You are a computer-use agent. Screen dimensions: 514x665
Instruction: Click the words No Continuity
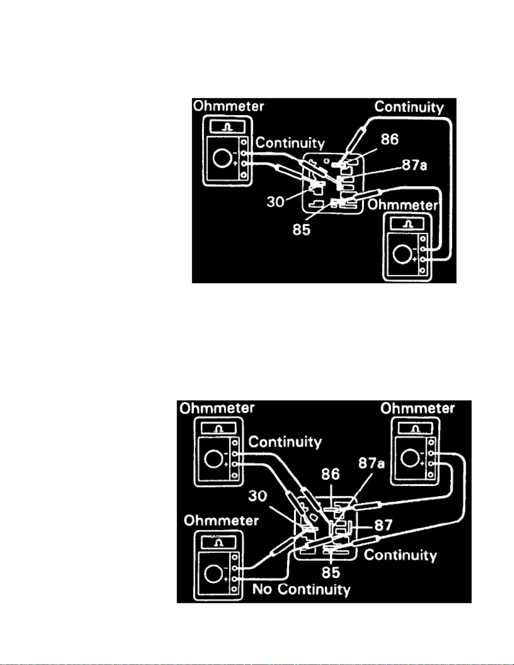pyautogui.click(x=301, y=589)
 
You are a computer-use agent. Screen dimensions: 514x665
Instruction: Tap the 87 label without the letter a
pyautogui.click(x=383, y=525)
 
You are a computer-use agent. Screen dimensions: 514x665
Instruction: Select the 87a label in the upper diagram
pyautogui.click(x=414, y=165)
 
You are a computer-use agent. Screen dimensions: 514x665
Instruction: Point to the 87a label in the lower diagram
pyautogui.click(x=371, y=463)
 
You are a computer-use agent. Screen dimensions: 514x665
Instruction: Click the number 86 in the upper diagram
pyautogui.click(x=389, y=139)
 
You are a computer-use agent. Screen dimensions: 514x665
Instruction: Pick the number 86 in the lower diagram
pyautogui.click(x=330, y=475)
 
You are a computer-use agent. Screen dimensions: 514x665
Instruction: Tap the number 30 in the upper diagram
pyautogui.click(x=276, y=202)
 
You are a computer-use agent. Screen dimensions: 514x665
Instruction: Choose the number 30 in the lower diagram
pyautogui.click(x=258, y=496)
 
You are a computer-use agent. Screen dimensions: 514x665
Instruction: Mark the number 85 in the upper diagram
pyautogui.click(x=302, y=229)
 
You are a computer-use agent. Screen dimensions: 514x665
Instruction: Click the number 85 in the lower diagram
pyautogui.click(x=331, y=572)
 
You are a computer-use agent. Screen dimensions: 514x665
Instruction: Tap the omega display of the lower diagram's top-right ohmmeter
pyautogui.click(x=415, y=429)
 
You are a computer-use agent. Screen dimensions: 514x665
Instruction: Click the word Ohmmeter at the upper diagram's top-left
pyautogui.click(x=229, y=106)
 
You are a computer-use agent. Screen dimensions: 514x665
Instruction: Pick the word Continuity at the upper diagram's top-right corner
pyautogui.click(x=409, y=107)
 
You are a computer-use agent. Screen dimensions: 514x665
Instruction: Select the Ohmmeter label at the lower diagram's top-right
pyautogui.click(x=417, y=408)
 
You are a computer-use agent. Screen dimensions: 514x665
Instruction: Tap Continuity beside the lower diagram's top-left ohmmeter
pyautogui.click(x=285, y=442)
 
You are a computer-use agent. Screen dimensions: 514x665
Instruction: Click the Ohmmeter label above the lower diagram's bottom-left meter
pyautogui.click(x=221, y=521)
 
